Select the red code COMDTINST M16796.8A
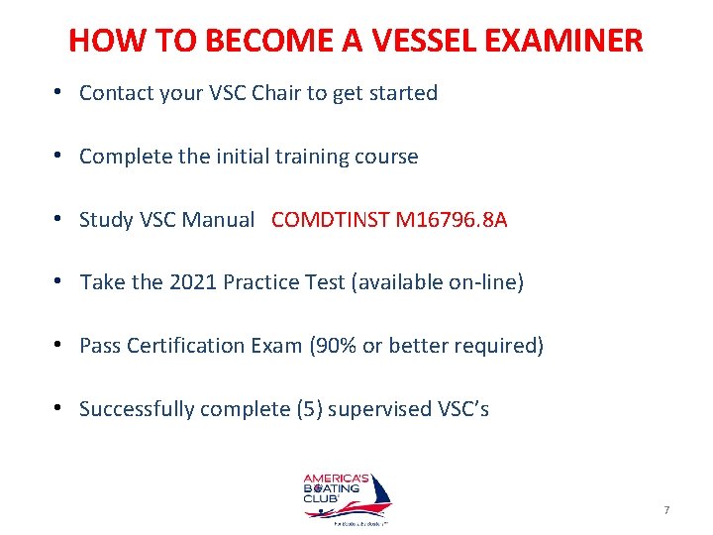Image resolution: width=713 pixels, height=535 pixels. coord(388,220)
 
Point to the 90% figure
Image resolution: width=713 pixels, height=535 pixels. coord(332,347)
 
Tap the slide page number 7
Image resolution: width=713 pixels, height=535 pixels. coord(666,510)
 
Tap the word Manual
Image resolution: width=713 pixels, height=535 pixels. coord(217,220)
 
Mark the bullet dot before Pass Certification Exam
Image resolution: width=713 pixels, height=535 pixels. coord(60,346)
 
